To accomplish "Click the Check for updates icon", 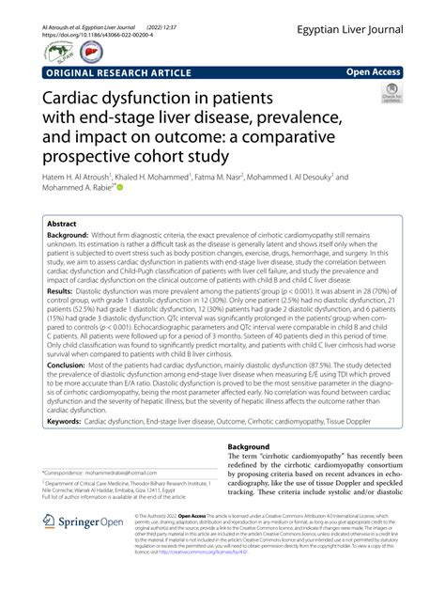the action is [x=391, y=94].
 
